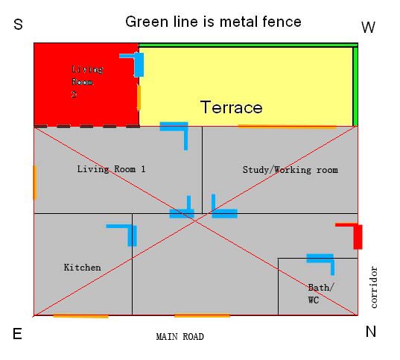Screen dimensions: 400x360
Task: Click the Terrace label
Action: [x=232, y=107]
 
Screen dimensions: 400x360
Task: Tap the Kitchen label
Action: [x=82, y=268]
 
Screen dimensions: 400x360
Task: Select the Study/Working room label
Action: [x=291, y=170]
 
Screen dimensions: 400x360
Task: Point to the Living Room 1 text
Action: [x=111, y=169]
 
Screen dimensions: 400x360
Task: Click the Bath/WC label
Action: [x=320, y=294]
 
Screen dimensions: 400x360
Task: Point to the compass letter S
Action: [x=18, y=25]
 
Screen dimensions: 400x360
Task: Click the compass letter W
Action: [x=369, y=27]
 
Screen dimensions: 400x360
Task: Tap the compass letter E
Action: [x=17, y=334]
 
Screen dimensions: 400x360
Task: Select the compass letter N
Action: [x=371, y=332]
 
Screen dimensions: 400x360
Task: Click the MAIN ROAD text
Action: [x=180, y=337]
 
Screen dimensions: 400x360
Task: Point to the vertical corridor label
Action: [x=374, y=287]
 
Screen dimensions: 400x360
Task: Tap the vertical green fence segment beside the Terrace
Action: [x=355, y=86]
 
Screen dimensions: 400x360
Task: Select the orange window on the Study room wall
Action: [x=288, y=126]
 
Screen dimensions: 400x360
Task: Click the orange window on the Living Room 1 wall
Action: [x=35, y=183]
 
